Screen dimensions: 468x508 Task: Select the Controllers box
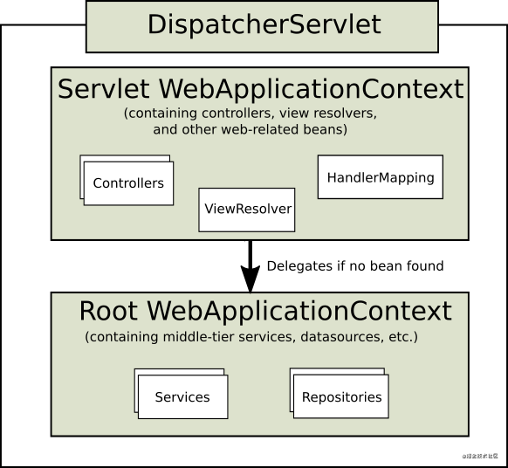[128, 183]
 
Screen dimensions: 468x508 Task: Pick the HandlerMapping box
[380, 177]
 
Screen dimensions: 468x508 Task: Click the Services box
[182, 397]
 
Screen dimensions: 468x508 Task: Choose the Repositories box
[341, 397]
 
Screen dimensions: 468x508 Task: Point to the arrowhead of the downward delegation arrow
[251, 279]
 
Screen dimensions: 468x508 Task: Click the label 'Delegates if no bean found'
[354, 265]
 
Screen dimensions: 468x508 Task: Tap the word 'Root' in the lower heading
[110, 311]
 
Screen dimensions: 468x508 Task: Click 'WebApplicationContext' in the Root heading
[299, 311]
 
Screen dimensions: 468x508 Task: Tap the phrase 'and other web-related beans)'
[250, 129]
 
